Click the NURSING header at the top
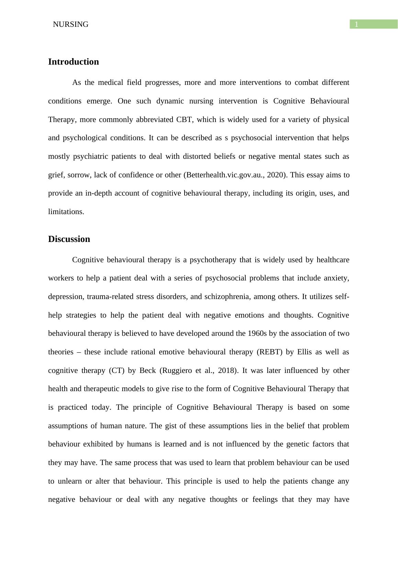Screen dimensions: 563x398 click(70, 24)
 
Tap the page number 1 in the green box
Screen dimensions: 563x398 click(357, 24)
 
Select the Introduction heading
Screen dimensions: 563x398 click(74, 62)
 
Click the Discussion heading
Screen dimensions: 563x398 click(69, 239)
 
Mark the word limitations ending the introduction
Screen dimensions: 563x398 click(66, 212)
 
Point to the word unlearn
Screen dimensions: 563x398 click(69, 481)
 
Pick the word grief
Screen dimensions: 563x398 click(56, 175)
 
